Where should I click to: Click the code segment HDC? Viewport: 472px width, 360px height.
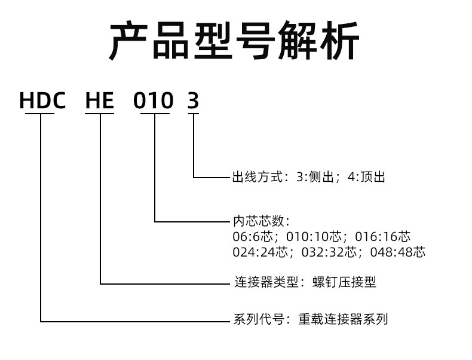(x=42, y=100)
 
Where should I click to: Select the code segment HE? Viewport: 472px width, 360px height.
(x=100, y=100)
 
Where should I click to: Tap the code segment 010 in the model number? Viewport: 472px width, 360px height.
(x=154, y=100)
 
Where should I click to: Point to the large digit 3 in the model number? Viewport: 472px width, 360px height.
(x=193, y=100)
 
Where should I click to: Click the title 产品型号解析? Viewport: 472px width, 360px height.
(x=234, y=41)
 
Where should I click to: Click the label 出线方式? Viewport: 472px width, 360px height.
(x=258, y=177)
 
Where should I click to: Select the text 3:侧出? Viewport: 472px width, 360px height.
(x=315, y=177)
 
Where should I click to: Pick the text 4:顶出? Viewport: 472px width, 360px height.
(x=366, y=177)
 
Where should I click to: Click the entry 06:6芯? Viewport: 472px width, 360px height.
(x=252, y=236)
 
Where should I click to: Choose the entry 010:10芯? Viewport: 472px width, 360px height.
(x=314, y=236)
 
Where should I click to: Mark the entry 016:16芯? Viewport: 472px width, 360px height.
(x=382, y=236)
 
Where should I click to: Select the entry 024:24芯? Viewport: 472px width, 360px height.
(x=260, y=252)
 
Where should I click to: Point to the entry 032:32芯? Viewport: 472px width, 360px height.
(x=329, y=252)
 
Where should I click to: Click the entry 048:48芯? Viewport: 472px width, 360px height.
(x=398, y=252)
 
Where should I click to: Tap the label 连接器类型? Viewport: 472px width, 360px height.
(x=266, y=282)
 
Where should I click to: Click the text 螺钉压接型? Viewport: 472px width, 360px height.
(x=344, y=282)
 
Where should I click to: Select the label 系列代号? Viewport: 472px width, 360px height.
(x=259, y=319)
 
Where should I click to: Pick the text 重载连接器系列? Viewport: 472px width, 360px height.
(x=343, y=319)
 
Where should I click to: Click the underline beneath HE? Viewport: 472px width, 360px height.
(x=100, y=114)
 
